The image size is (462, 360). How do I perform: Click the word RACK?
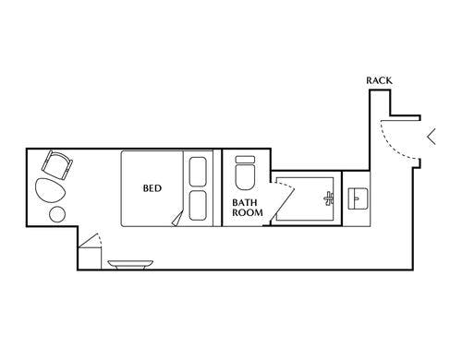point(379,80)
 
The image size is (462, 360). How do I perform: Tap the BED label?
point(152,188)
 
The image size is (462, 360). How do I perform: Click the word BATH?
point(245,203)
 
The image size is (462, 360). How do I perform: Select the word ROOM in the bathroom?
point(248,212)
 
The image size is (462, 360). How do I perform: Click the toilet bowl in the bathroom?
point(245,176)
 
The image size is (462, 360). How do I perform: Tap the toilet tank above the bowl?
point(245,160)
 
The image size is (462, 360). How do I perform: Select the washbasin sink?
point(358,198)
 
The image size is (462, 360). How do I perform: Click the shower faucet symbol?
point(329,198)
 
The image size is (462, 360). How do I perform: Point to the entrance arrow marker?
point(431,137)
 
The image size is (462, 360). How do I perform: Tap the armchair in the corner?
point(57,164)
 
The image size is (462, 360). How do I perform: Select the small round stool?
point(57,214)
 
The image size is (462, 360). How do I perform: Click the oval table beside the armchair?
point(50,190)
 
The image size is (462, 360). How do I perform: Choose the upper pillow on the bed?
point(198,172)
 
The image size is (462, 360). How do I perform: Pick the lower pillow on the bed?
point(198,206)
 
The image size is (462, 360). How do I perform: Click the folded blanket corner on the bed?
point(177,219)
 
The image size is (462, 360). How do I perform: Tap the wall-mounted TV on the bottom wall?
point(130,265)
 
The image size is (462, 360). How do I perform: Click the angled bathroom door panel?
point(282,204)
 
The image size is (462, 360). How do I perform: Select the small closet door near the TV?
point(89,240)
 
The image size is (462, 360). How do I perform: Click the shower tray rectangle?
point(305,198)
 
